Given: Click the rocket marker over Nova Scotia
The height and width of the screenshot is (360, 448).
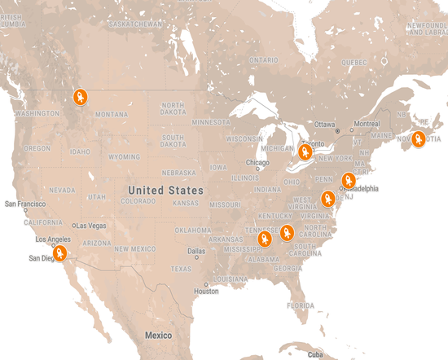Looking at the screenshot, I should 419,138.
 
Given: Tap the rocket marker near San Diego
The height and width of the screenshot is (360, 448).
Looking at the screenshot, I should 59,253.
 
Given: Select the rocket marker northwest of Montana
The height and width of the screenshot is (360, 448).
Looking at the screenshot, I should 81,98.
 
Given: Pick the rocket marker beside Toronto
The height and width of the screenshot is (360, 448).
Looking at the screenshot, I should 306,152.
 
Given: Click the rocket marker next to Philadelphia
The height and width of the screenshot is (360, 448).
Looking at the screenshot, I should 349,180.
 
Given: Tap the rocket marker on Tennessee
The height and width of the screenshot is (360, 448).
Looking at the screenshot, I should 266,239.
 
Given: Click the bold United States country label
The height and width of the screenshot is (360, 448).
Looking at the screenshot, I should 165,190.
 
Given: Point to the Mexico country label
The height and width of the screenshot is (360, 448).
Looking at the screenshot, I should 158,336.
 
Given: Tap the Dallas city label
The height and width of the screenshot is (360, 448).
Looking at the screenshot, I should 195,252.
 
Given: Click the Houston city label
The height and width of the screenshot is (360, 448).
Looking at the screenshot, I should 206,291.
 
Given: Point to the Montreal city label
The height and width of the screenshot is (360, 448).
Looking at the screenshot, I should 367,124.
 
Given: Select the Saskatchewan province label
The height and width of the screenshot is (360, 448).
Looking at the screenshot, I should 135,24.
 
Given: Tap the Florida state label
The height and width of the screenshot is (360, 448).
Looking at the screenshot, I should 301,305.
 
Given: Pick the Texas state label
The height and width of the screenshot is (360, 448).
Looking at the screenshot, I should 181,268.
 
